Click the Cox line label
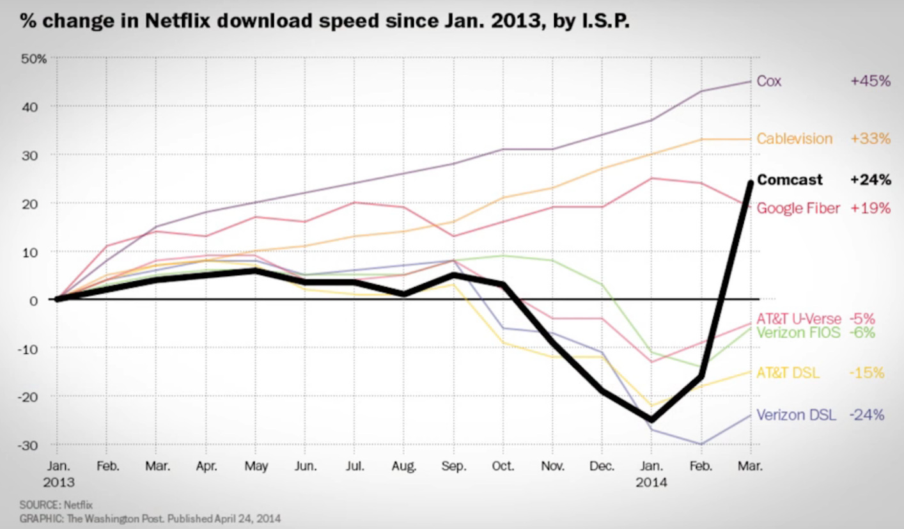click(x=768, y=81)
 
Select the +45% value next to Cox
click(x=870, y=81)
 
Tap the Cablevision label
click(x=795, y=139)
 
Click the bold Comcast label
click(x=790, y=180)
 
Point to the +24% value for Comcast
click(x=870, y=180)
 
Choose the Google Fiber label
click(x=798, y=208)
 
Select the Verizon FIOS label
click(x=798, y=332)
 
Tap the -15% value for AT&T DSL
click(x=867, y=373)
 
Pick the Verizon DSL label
click(x=796, y=415)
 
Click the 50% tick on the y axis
click(x=36, y=59)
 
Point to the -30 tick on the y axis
click(x=37, y=445)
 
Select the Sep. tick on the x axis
click(x=453, y=467)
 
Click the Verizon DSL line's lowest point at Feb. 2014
click(x=701, y=444)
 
